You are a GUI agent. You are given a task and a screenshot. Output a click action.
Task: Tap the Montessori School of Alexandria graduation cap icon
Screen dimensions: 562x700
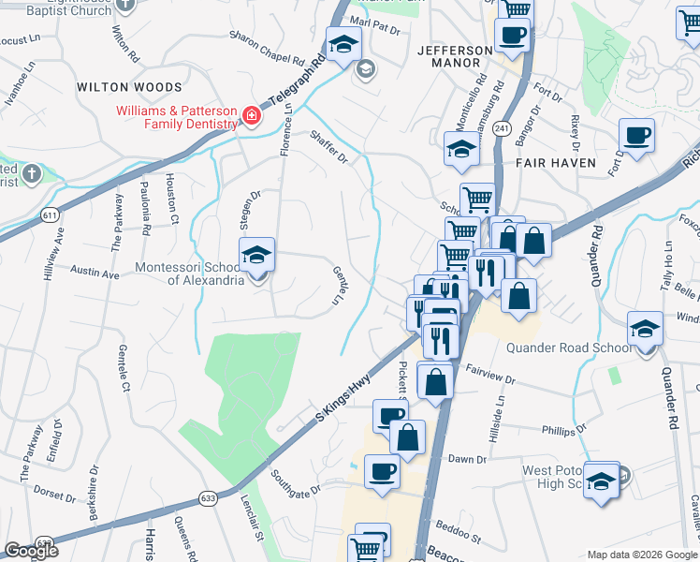(x=256, y=256)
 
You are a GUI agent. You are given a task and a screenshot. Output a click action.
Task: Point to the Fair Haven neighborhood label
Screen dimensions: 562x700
(x=556, y=162)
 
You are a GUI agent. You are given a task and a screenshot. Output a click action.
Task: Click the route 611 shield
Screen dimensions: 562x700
(x=50, y=215)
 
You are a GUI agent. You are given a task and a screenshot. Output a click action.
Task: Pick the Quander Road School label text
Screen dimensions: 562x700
(x=568, y=348)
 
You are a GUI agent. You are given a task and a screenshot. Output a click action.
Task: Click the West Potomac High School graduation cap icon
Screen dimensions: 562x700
(x=603, y=481)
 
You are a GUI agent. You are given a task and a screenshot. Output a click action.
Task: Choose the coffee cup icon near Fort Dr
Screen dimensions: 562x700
(x=636, y=137)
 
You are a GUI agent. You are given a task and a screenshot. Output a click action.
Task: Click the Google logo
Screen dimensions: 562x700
(x=31, y=551)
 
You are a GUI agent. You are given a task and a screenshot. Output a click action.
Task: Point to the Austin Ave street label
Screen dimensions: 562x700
(x=95, y=274)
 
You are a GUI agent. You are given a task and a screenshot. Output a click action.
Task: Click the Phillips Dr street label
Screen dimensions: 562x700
(x=564, y=429)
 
